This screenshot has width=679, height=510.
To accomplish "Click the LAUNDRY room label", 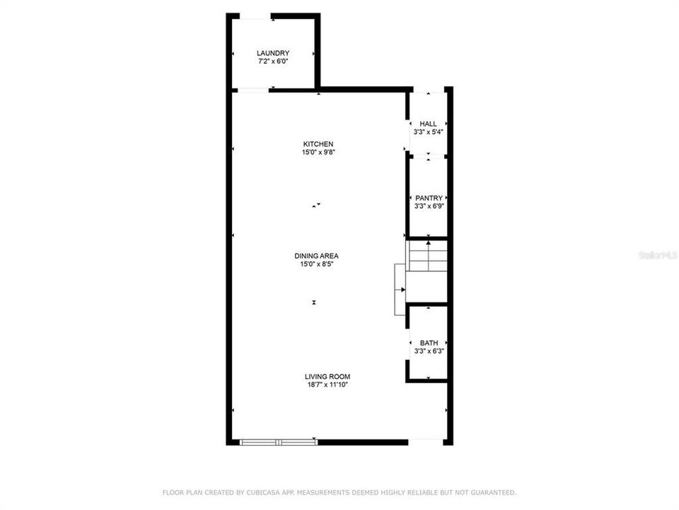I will pos(272,53).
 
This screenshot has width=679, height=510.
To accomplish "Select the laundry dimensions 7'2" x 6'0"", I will pos(272,62).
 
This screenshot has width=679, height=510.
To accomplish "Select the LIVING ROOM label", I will pos(327,377).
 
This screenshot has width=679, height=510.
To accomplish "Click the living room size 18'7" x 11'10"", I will pos(327,385).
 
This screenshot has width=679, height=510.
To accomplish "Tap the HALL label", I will pos(429,123).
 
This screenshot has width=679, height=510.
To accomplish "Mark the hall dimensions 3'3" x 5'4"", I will pos(429,132).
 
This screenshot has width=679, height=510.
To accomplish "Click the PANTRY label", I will pos(429,198).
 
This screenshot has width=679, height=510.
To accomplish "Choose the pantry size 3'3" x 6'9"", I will pos(429,207).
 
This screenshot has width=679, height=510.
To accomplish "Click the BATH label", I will pos(429,343).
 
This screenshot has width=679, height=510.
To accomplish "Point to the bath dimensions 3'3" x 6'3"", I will pos(429,351).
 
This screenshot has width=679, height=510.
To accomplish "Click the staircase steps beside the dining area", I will pos(427,257).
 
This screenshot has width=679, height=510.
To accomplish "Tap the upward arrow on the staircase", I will pos(429,244).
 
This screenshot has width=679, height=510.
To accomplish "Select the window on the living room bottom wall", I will pos(279,442).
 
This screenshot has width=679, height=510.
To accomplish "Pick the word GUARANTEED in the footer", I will pos(492,492).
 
